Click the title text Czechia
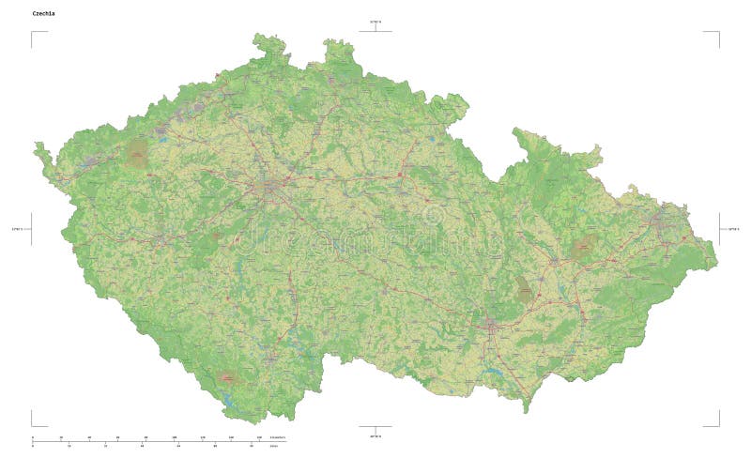(x=43, y=14)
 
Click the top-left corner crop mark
(x=34, y=34)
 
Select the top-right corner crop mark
(x=716, y=34)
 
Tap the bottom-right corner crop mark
(x=716, y=423)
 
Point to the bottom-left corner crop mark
(x=34, y=423)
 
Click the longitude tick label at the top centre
(x=375, y=21)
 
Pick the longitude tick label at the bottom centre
(x=375, y=436)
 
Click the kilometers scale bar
(x=150, y=438)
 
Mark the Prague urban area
(x=272, y=188)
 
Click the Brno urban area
(x=492, y=326)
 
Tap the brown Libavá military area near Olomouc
(x=584, y=246)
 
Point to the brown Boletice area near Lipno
(x=226, y=377)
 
